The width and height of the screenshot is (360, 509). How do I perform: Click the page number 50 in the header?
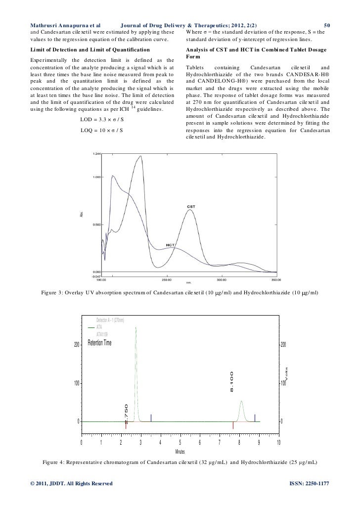[x=326, y=24]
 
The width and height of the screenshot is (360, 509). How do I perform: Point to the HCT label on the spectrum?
[x=171, y=245]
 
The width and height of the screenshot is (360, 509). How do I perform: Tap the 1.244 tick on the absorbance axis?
[x=97, y=154]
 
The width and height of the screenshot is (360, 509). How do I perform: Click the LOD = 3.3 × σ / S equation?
[x=101, y=120]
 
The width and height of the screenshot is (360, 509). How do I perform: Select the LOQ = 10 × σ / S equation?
[x=101, y=130]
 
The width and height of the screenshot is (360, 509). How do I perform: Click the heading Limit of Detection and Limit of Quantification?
[x=90, y=50]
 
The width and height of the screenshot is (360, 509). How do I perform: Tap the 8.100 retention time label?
[x=231, y=381]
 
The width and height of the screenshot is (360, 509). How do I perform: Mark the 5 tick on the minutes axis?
[x=180, y=442]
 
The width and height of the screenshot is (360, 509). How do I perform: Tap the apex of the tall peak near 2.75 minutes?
[x=135, y=327]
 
